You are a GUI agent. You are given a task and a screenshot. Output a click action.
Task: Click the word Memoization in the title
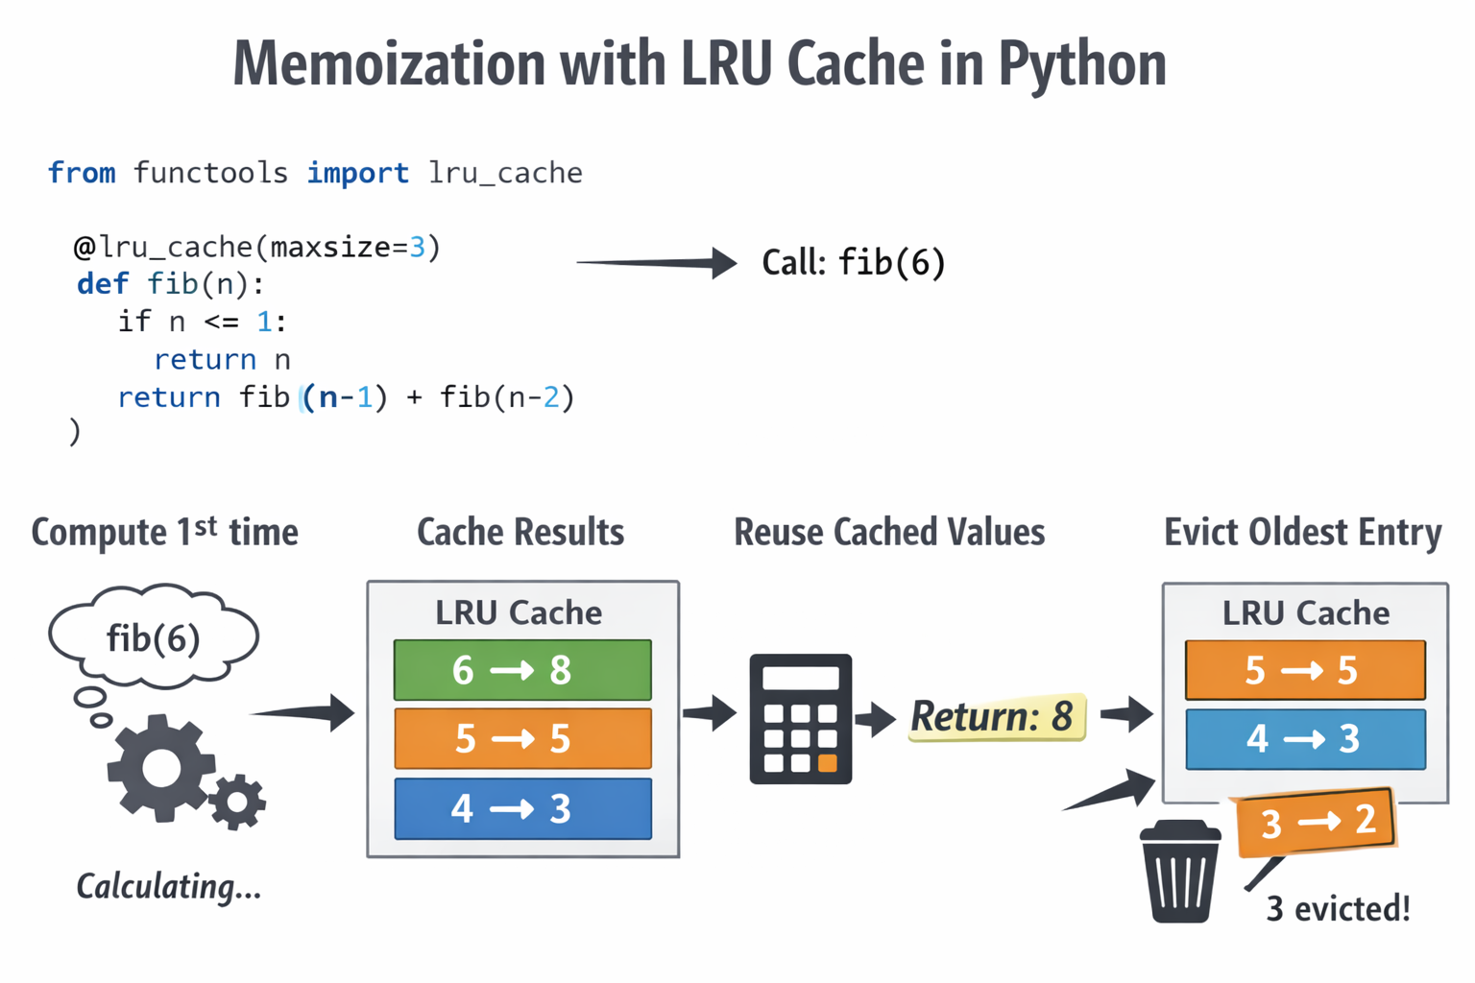389,64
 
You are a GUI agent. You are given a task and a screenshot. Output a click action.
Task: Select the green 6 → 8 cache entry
522,670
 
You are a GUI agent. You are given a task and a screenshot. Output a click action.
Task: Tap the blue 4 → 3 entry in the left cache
522,808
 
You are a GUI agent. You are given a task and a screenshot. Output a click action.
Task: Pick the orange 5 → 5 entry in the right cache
1305,670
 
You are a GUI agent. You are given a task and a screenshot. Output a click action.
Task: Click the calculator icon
800,719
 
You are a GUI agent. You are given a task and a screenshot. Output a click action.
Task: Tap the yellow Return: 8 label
996,717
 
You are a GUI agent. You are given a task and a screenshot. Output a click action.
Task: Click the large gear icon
160,767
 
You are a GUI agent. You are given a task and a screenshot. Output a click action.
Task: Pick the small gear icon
237,801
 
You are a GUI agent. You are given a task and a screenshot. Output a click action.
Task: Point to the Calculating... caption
169,886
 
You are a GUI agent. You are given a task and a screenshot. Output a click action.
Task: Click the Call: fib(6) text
853,262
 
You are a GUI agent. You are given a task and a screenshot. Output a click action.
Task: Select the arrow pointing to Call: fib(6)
657,262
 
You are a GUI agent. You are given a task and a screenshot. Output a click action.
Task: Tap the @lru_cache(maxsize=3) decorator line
257,248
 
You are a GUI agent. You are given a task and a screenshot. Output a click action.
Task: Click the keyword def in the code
102,284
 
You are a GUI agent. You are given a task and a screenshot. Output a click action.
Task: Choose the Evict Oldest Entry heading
1302,532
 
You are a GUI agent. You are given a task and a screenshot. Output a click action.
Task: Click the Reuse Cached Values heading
889,532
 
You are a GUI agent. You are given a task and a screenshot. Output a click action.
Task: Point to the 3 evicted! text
1338,908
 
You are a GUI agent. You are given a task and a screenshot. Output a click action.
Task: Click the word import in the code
357,173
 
